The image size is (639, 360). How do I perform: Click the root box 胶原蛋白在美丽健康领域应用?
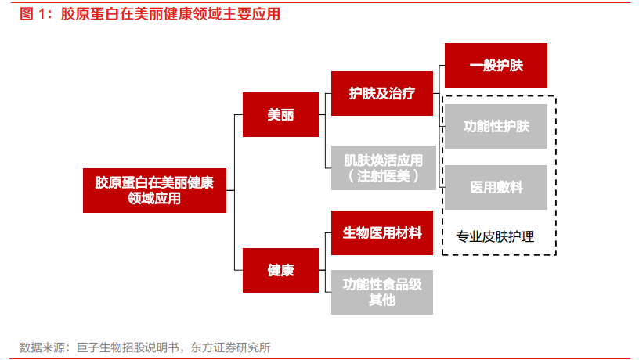point(154,190)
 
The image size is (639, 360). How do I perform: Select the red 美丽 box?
point(281,114)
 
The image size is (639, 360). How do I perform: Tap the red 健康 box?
point(281,270)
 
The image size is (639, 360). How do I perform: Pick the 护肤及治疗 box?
point(382,93)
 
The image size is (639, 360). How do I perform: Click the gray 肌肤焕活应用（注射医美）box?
point(384,167)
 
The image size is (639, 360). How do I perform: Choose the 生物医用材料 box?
point(382,232)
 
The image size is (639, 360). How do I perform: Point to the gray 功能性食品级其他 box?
point(382,292)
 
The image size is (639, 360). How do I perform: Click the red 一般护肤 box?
point(496,65)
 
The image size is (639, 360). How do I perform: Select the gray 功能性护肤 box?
point(496,126)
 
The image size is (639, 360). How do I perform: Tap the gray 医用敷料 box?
point(496,187)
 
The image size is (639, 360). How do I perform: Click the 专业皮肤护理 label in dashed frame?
point(495,236)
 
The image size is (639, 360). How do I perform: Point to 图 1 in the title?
point(32,14)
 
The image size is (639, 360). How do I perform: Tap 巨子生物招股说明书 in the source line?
point(128,347)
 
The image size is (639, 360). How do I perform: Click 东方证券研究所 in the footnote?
point(230,347)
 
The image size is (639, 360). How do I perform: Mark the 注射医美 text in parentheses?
point(384,176)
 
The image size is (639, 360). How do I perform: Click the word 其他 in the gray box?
point(382,301)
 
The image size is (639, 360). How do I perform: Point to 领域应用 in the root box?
point(154,198)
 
